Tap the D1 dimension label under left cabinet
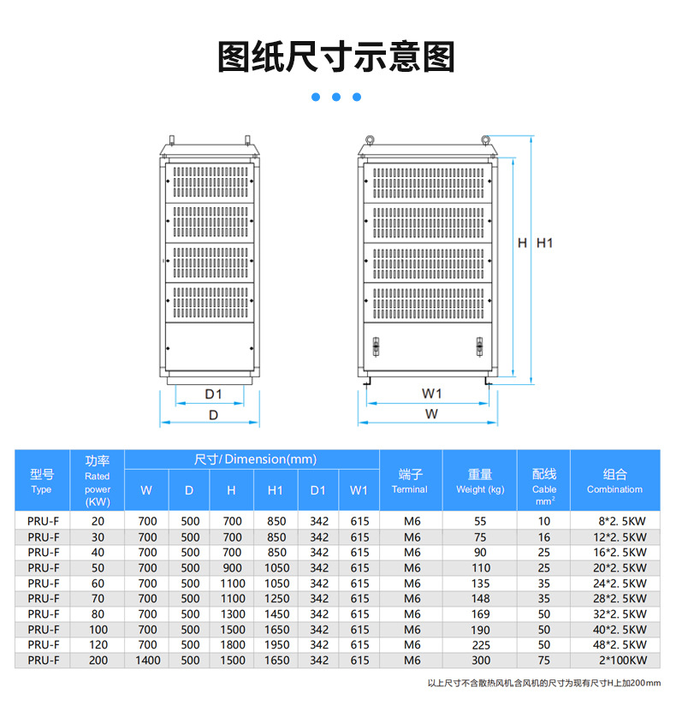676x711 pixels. click(x=213, y=394)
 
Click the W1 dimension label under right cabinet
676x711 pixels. click(x=431, y=394)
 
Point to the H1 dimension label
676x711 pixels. click(x=545, y=243)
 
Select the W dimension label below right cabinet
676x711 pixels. click(x=431, y=414)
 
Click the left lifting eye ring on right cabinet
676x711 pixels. click(x=371, y=139)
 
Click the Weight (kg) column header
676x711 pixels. click(x=479, y=481)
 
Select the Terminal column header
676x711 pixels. click(x=409, y=481)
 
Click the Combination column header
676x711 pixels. click(x=614, y=481)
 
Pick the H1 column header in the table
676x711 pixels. click(x=275, y=490)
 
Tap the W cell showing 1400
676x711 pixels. click(x=147, y=661)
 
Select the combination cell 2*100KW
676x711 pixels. click(x=622, y=661)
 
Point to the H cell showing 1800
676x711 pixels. click(x=231, y=645)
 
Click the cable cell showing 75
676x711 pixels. click(x=544, y=661)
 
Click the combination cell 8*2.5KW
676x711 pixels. click(x=622, y=521)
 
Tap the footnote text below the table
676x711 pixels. click(x=544, y=684)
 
